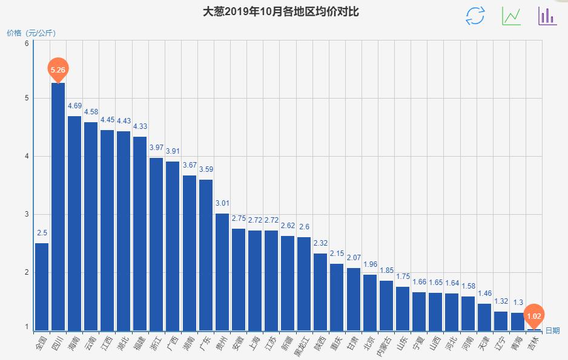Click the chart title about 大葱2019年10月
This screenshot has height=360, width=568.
(x=284, y=11)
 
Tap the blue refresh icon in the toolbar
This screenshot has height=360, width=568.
(x=475, y=16)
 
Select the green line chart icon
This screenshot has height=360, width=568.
(x=511, y=16)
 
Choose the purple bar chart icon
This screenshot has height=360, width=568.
(x=547, y=16)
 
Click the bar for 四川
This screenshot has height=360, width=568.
(x=58, y=206)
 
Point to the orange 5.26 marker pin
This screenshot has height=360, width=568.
(x=58, y=70)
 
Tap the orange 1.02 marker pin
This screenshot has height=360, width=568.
(x=534, y=315)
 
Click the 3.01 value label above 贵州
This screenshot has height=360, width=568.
(x=222, y=203)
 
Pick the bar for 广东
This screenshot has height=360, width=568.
(x=206, y=254)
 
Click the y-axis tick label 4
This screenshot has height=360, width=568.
(x=27, y=156)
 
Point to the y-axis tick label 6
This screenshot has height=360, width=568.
(x=27, y=44)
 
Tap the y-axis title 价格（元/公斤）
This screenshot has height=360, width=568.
(x=31, y=33)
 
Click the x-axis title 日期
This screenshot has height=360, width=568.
(x=552, y=330)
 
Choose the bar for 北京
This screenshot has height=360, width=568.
(x=370, y=302)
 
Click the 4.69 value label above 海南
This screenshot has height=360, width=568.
(x=74, y=106)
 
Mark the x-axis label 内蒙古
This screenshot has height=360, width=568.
(x=385, y=345)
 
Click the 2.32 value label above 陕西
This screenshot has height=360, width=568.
(x=320, y=243)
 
